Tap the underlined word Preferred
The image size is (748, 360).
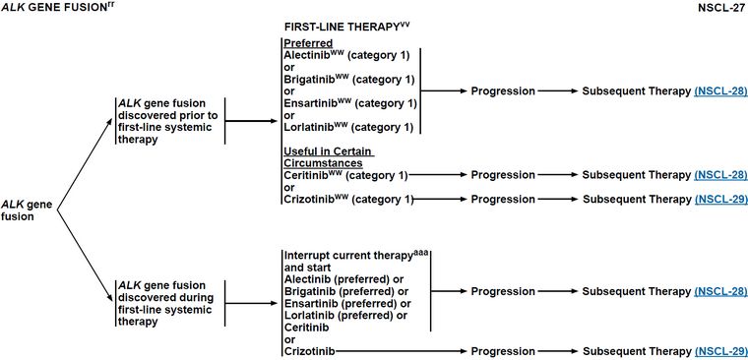point(308,43)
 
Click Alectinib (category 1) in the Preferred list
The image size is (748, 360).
point(346,55)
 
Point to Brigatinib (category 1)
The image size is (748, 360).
point(349,79)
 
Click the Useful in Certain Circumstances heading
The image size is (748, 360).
point(329,157)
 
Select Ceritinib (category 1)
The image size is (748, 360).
point(345,175)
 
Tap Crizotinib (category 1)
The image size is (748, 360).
point(348,199)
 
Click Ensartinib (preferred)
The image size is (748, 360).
point(347,303)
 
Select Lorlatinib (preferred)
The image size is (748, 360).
point(345,315)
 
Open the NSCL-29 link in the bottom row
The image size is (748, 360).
point(720,351)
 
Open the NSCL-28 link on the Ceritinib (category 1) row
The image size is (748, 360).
point(720,175)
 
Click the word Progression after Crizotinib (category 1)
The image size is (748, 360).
point(503,199)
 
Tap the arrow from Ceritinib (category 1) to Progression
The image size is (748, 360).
point(438,175)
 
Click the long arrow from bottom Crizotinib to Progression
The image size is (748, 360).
point(402,351)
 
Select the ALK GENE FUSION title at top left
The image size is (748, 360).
point(57,8)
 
